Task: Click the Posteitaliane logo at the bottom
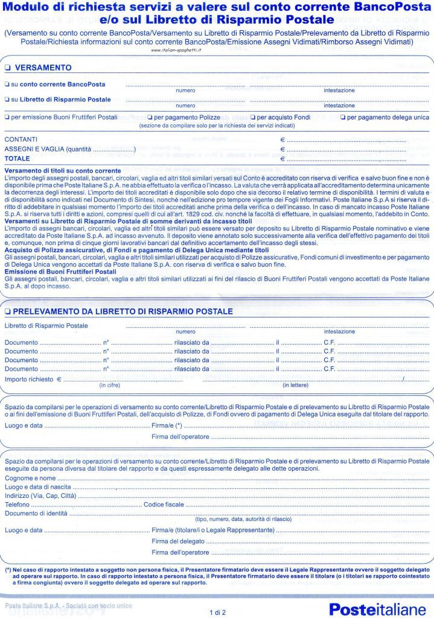tap(377, 609)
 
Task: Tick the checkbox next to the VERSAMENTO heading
tap(7, 68)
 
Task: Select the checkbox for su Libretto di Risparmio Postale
tap(7, 99)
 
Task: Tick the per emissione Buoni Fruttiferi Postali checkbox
tap(7, 117)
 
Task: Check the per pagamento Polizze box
tap(150, 117)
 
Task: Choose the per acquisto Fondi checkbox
tap(252, 117)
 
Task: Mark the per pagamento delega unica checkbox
tap(343, 117)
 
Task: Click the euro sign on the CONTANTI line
tap(282, 139)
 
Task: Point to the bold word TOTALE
tap(17, 158)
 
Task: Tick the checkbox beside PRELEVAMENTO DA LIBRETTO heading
tap(7, 311)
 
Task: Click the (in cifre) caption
tap(109, 385)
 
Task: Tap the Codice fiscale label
tap(163, 504)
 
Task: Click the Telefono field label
tap(18, 504)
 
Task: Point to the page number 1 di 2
tap(217, 612)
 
